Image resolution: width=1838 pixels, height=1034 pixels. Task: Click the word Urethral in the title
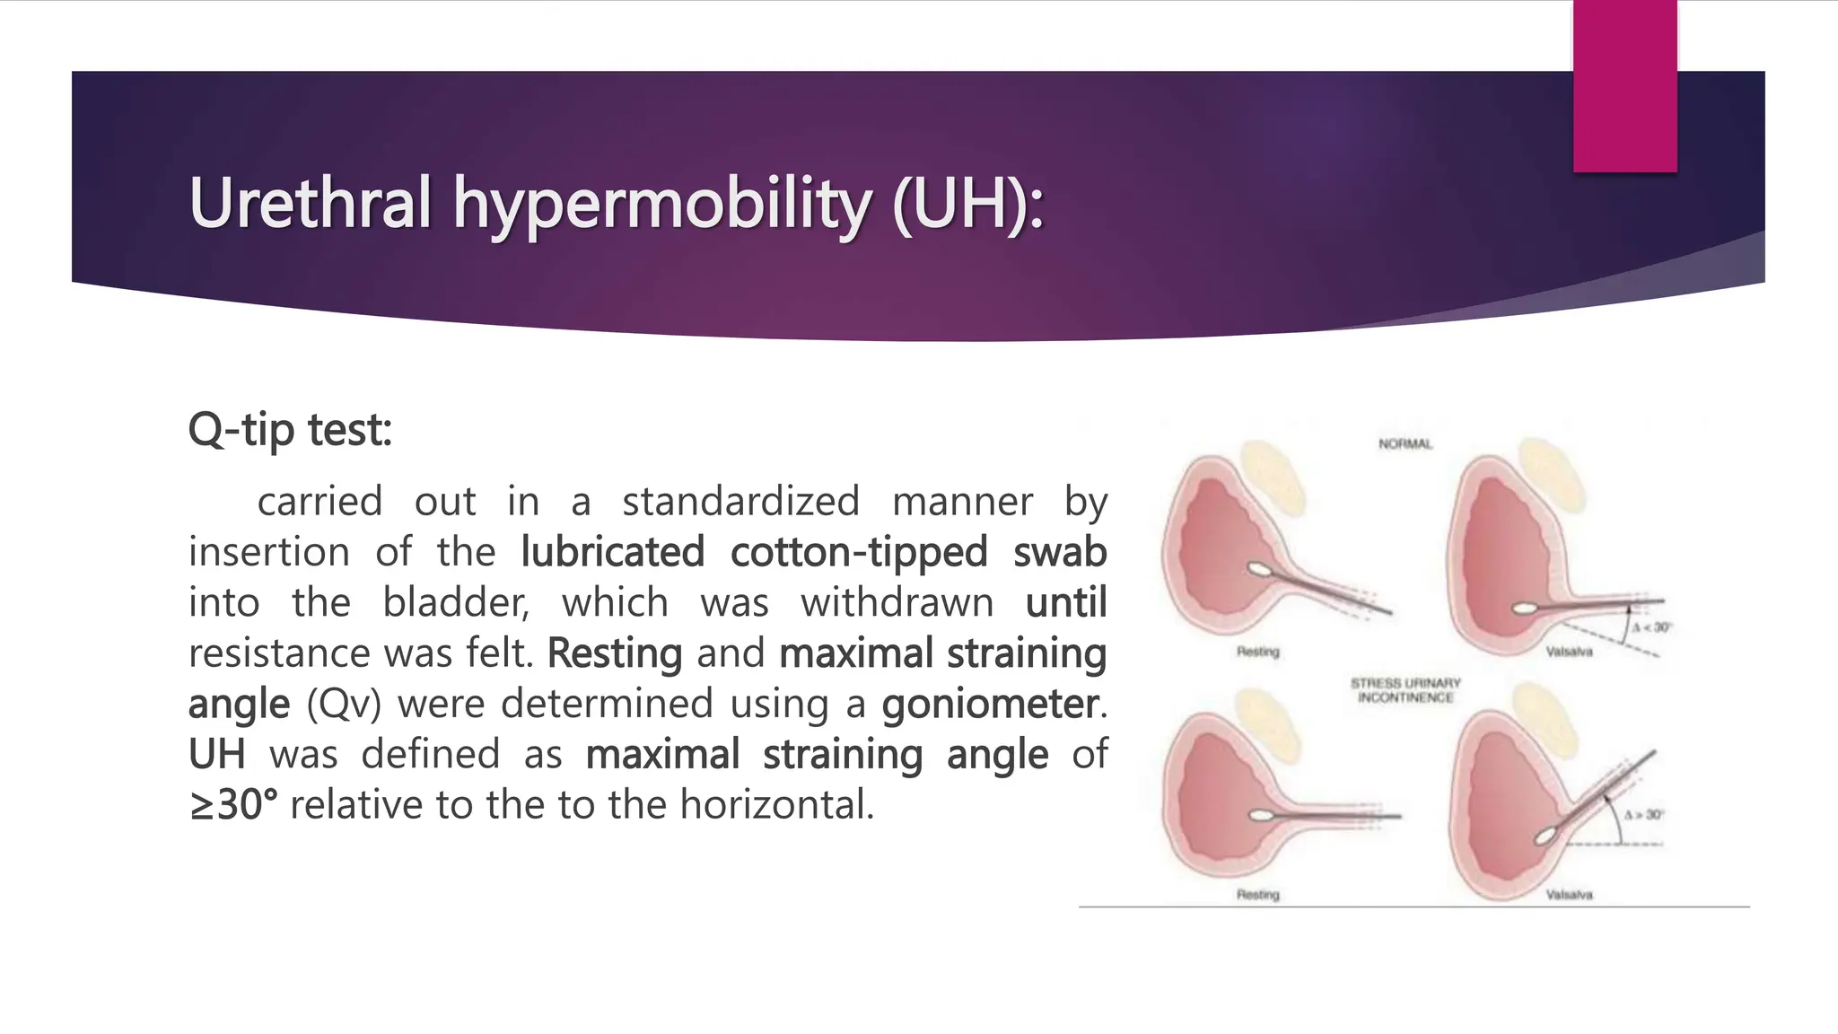pyautogui.click(x=310, y=203)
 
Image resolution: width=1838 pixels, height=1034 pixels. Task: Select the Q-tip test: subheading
pyautogui.click(x=290, y=430)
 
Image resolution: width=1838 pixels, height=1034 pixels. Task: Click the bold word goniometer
pyautogui.click(x=990, y=704)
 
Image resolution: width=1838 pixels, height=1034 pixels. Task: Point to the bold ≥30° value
pyautogui.click(x=233, y=804)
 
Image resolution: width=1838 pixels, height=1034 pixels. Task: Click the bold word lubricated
pyautogui.click(x=613, y=552)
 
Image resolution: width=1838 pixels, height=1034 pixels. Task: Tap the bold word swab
pyautogui.click(x=1059, y=552)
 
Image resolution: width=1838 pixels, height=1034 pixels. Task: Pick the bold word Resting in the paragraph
pyautogui.click(x=615, y=653)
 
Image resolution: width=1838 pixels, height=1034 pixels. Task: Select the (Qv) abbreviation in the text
pyautogui.click(x=344, y=704)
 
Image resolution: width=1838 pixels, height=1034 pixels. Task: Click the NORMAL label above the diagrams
pyautogui.click(x=1405, y=444)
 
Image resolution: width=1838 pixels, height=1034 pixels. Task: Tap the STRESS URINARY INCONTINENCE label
pyautogui.click(x=1405, y=690)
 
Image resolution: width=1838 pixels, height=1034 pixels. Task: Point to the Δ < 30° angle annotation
pyautogui.click(x=1650, y=627)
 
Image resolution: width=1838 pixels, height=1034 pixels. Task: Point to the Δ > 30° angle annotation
pyautogui.click(x=1643, y=815)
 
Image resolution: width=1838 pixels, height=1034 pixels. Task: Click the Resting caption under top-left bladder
pyautogui.click(x=1257, y=652)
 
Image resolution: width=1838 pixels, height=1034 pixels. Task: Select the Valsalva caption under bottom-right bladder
pyautogui.click(x=1569, y=895)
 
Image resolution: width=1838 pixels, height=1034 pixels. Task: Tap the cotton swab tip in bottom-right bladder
pyautogui.click(x=1545, y=836)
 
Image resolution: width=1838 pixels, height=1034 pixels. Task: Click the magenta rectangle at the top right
pyautogui.click(x=1624, y=85)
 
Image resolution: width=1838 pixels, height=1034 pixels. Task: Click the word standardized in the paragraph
pyautogui.click(x=740, y=502)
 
